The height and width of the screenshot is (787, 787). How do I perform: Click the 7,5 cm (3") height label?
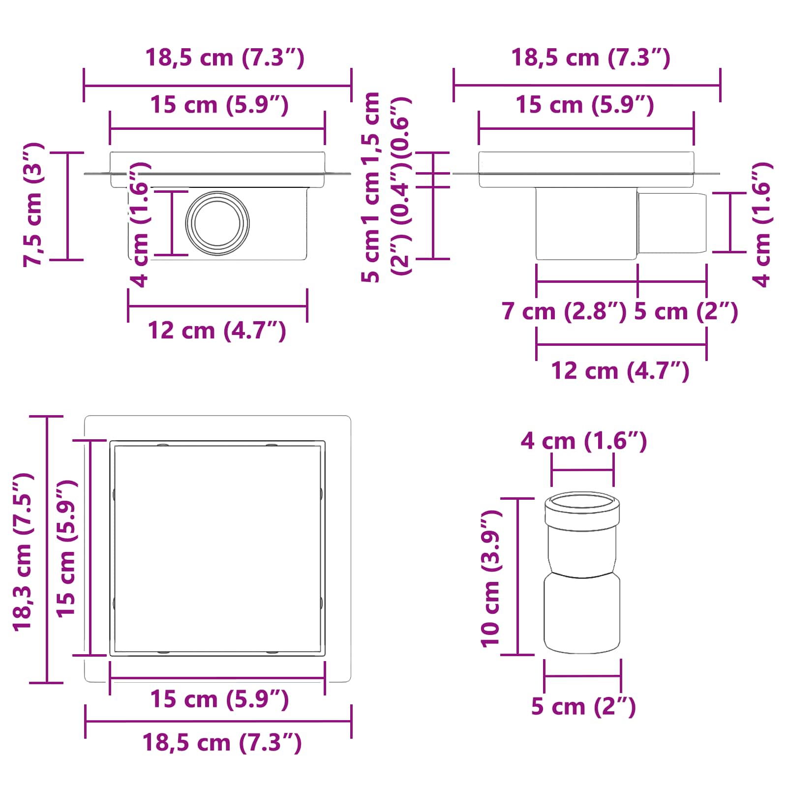33,205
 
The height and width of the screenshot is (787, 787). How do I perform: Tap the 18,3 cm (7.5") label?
23,551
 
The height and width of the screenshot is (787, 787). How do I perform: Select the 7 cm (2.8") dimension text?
564,311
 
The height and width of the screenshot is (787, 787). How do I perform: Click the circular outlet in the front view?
217,223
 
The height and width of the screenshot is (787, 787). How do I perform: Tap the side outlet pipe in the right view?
672,223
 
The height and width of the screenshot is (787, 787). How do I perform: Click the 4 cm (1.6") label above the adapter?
583,441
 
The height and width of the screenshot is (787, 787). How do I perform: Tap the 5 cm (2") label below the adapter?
583,707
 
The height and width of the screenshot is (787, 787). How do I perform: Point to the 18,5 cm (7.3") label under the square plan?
222,743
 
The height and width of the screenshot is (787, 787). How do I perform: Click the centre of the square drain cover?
217,548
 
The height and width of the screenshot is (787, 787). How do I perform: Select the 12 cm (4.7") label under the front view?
217,331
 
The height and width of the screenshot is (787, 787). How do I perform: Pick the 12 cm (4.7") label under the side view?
620,371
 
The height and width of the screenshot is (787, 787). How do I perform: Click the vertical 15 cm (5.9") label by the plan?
66,548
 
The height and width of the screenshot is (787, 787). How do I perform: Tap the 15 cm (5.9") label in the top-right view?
584,105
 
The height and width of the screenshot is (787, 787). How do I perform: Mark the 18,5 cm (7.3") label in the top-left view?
225,58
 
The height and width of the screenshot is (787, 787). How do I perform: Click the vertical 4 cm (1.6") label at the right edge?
762,224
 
